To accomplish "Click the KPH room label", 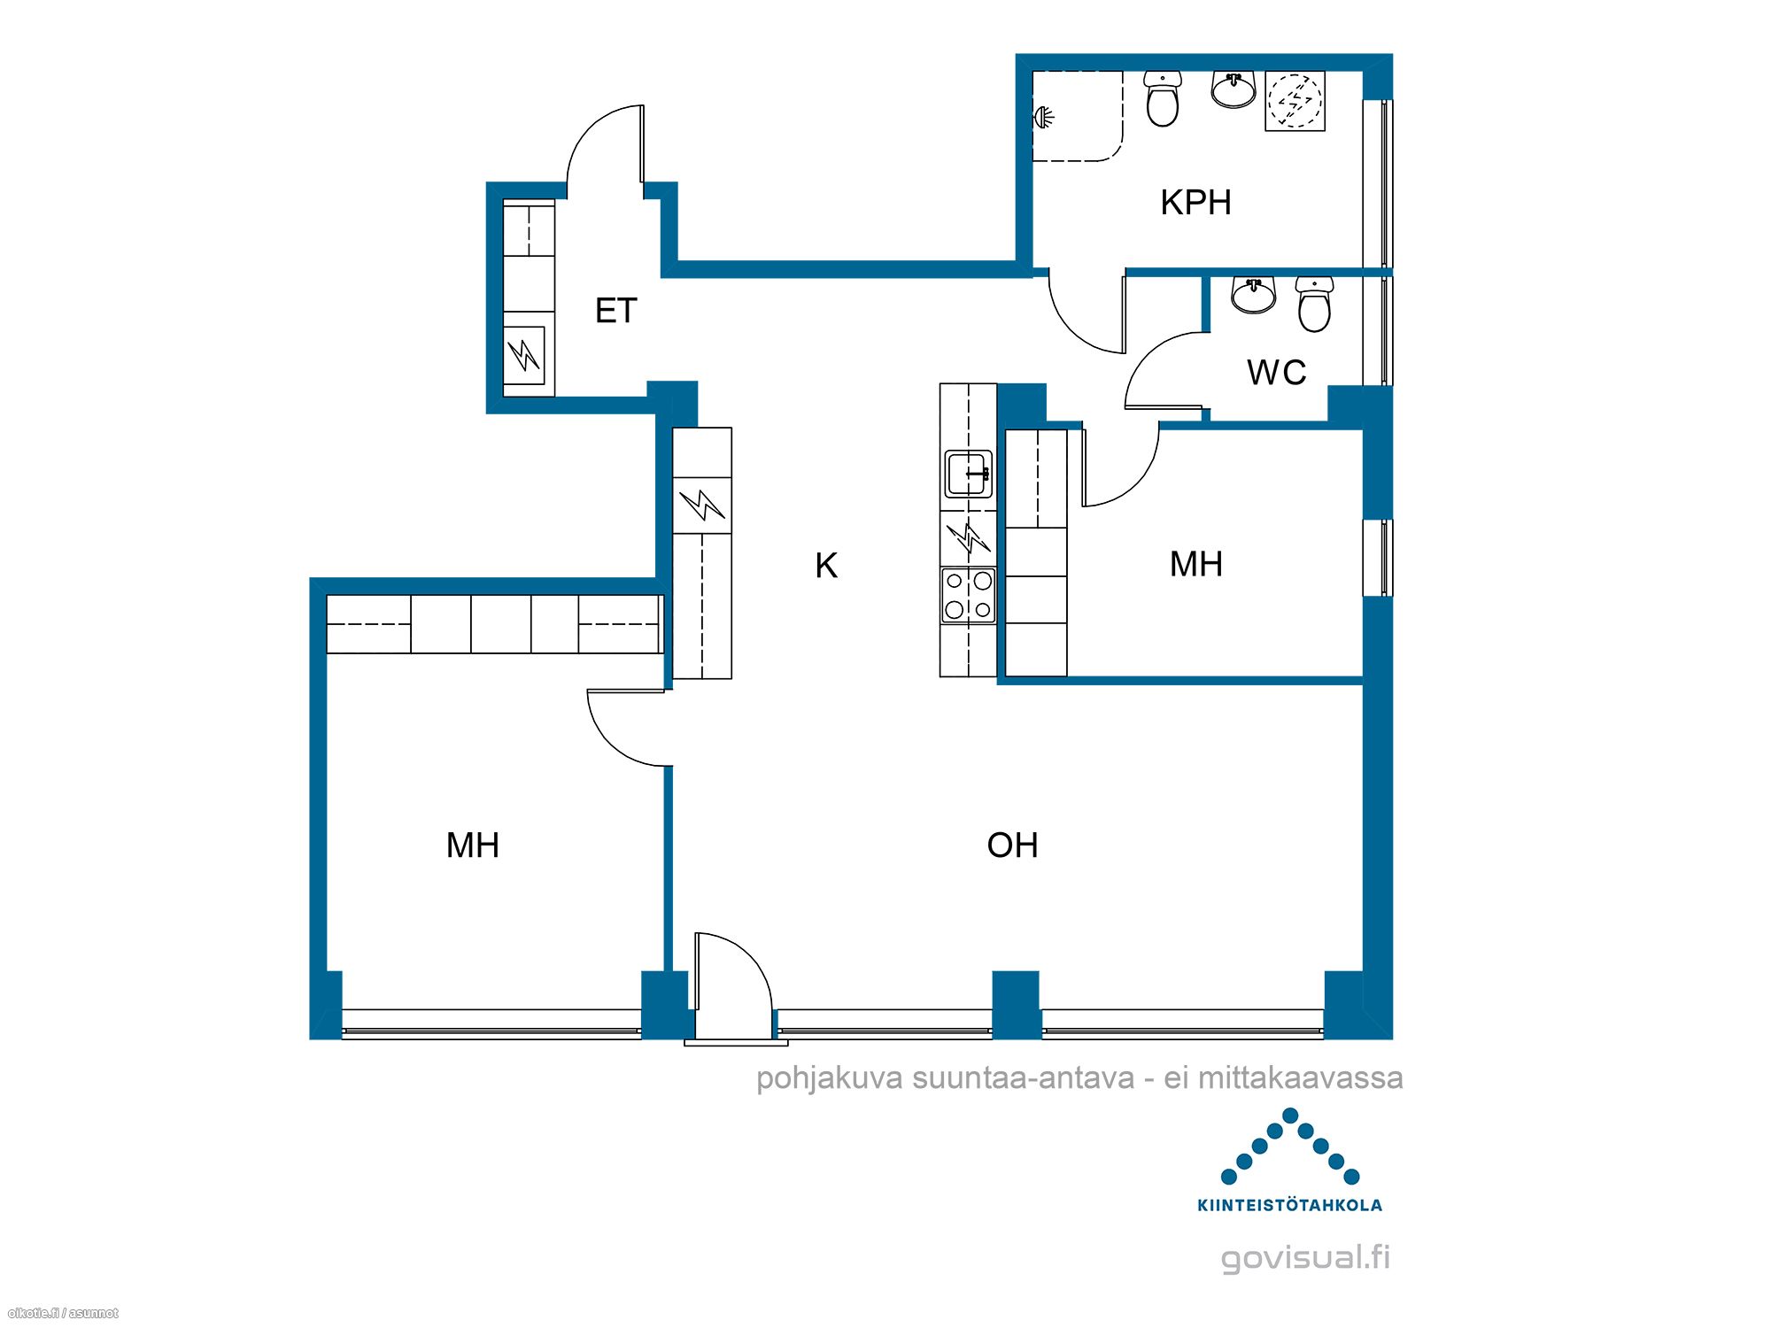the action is tap(1195, 203).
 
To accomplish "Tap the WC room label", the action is tap(1276, 373).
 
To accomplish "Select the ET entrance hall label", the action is tap(616, 311).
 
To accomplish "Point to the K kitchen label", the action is tap(826, 566).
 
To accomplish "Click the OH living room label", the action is tap(1012, 845).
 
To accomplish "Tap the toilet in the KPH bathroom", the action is tap(1162, 99).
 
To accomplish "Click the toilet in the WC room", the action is tap(1314, 304).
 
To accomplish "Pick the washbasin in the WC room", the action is tap(1253, 296).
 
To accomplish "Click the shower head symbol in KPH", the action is tap(1043, 117).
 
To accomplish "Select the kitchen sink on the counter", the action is tap(969, 474).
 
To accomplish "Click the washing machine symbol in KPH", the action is tap(1295, 101).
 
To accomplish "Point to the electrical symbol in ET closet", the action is tap(524, 355).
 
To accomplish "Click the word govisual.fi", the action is tap(1305, 1257).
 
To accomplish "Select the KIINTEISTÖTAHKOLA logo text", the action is tap(1289, 1205).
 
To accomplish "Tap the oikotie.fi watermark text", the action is tap(62, 1313).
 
